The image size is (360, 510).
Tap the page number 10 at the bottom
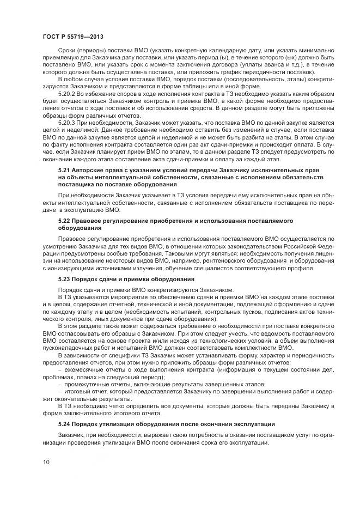point(46,462)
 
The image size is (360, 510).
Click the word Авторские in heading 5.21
point(89,171)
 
